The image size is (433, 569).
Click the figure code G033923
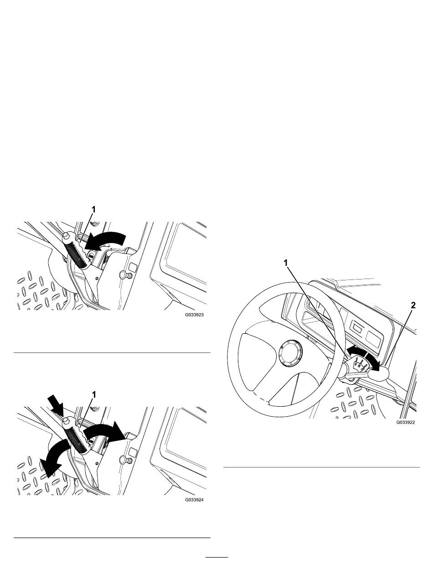pos(194,315)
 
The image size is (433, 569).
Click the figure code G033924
pos(194,500)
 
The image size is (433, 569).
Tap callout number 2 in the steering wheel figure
pos(413,305)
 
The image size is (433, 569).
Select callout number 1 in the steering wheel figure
pos(286,263)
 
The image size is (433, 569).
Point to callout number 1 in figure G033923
pos(94,209)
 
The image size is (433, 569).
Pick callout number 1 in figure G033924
pos(94,394)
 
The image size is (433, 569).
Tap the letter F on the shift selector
pos(356,365)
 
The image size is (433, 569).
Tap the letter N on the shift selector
pos(360,366)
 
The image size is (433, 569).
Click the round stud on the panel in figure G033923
pos(124,274)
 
